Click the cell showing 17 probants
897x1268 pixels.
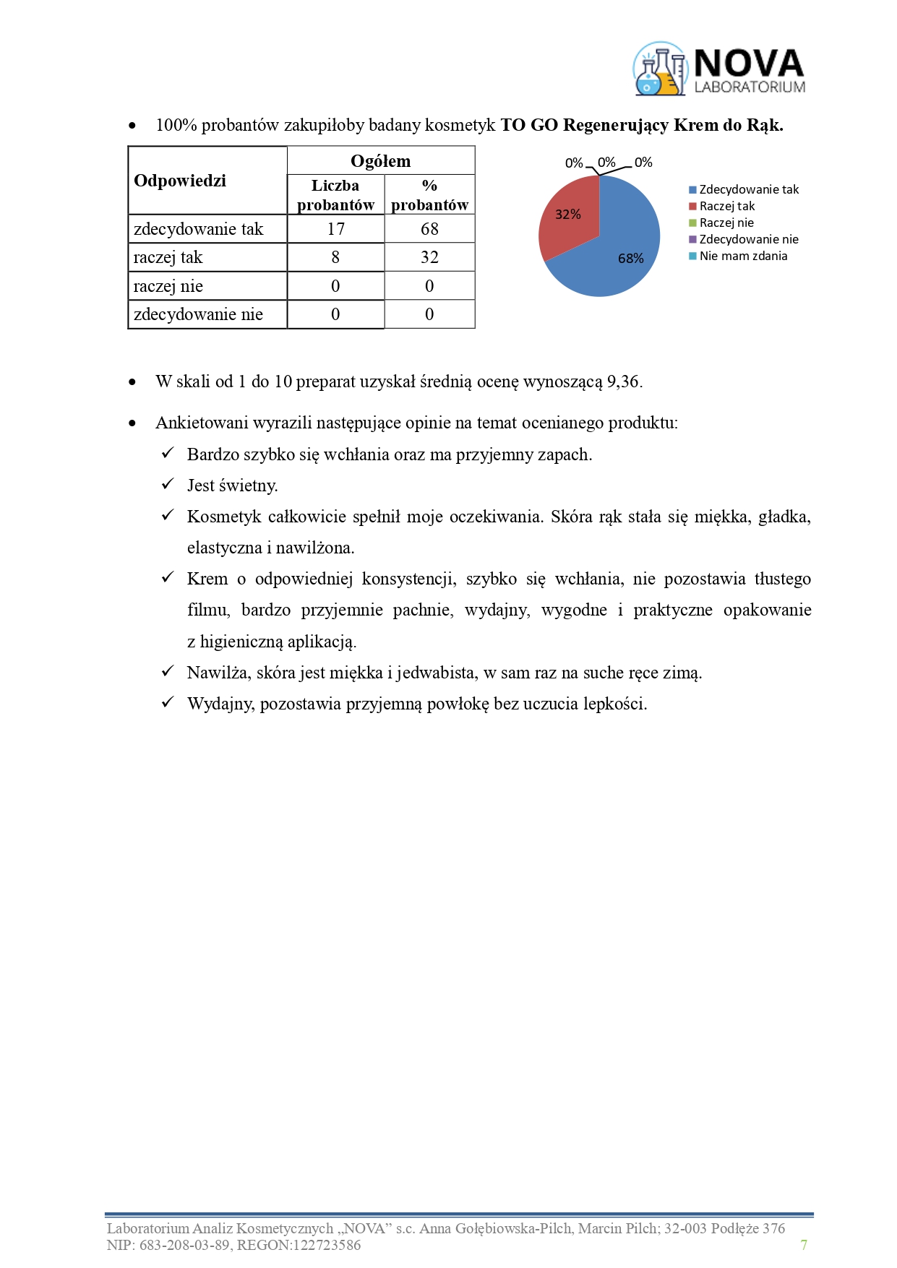[x=335, y=229]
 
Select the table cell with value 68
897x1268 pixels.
[x=429, y=229]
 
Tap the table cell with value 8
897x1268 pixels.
[x=335, y=258]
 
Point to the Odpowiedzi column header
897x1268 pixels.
[x=180, y=181]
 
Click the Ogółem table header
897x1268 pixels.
[x=380, y=161]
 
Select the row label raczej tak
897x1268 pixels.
[x=168, y=258]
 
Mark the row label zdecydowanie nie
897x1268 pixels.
[x=198, y=315]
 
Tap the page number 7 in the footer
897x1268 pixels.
[x=804, y=1245]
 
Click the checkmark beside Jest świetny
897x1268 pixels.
[x=168, y=485]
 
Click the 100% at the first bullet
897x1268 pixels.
[x=176, y=126]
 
